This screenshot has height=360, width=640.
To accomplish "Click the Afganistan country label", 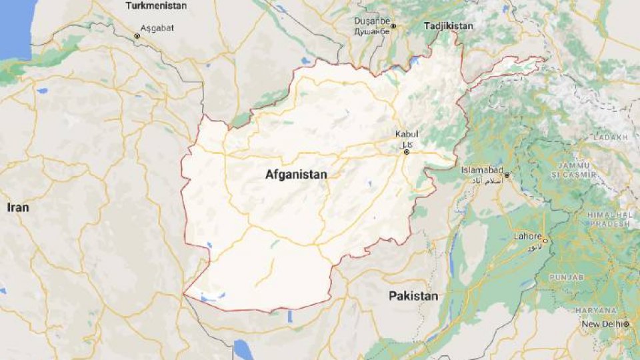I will coord(296,175).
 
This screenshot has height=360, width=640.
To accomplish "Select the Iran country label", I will coord(18,207).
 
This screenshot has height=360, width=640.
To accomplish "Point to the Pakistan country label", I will coord(414,295).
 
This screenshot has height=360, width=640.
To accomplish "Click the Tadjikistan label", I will coord(448,26).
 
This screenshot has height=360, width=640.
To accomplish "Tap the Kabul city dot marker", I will coord(406,152).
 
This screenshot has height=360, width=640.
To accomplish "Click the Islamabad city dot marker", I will coord(507,175).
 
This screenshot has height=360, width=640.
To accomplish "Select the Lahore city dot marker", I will coord(545,240).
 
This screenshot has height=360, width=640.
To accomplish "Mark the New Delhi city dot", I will coord(627,324).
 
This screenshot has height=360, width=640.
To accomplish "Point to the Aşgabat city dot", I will coord(137,35).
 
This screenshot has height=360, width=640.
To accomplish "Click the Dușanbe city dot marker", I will coord(393,27).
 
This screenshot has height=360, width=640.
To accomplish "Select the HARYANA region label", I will coord(597,310).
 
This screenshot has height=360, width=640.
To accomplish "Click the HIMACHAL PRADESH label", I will coord(608,219).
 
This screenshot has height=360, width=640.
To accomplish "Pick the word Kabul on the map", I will coord(406,133).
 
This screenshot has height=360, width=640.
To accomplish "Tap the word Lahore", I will coord(527,235).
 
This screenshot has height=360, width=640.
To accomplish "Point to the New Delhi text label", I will coord(601,324).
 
